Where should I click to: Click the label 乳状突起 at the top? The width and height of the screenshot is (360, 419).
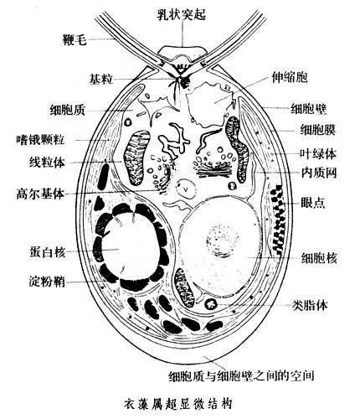(x=182, y=14)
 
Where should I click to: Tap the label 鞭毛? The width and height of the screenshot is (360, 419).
(x=75, y=39)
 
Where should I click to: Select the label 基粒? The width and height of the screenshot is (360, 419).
(x=100, y=79)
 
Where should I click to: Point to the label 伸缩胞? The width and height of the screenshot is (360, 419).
(x=290, y=76)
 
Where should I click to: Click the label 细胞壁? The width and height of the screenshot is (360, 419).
(x=309, y=108)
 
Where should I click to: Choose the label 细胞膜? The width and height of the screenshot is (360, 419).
(x=318, y=129)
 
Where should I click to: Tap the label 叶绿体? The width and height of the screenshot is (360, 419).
(x=318, y=153)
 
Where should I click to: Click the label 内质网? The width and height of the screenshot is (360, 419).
(x=319, y=173)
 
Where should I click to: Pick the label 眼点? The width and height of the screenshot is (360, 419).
(x=313, y=203)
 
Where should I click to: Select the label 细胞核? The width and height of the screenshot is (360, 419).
(x=319, y=257)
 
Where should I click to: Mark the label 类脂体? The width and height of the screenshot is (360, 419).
(x=310, y=305)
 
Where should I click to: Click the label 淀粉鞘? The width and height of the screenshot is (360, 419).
(x=47, y=282)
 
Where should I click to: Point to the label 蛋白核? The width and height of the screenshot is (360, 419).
(x=48, y=251)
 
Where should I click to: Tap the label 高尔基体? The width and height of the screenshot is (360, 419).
(x=40, y=194)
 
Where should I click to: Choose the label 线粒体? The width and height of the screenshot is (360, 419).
(x=47, y=163)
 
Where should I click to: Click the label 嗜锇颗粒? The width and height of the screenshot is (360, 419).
(x=41, y=139)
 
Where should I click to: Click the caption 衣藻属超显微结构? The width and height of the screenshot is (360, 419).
(x=178, y=404)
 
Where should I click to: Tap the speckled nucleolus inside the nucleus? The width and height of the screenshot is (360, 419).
(x=222, y=240)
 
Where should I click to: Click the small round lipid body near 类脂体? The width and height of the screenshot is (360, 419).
(x=211, y=304)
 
